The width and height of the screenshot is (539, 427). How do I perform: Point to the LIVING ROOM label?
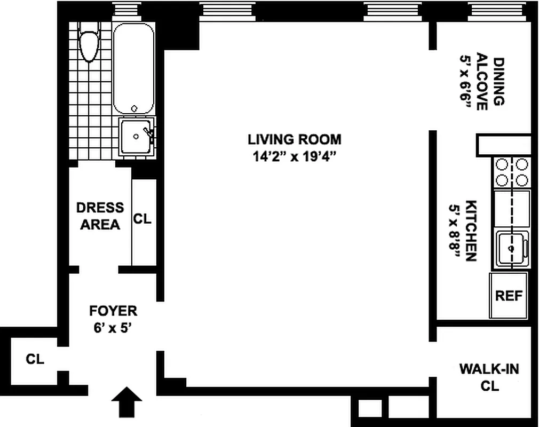tap(294, 140)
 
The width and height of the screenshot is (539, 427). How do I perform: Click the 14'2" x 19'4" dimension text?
tap(294, 156)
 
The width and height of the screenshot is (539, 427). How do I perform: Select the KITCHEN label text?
tap(471, 231)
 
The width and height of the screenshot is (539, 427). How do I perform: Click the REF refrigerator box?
tap(509, 295)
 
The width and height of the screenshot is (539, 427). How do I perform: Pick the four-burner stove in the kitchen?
tap(512, 172)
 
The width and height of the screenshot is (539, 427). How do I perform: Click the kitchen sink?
tap(511, 248)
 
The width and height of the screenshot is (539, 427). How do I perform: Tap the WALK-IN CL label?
tap(489, 377)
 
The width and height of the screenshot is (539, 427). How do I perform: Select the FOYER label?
tap(113, 311)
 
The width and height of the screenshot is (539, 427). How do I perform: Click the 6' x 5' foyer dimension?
tap(113, 327)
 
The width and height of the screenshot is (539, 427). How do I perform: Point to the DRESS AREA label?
tap(100, 216)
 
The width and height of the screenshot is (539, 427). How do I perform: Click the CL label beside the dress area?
tap(142, 219)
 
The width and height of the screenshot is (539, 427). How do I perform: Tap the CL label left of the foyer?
tap(35, 359)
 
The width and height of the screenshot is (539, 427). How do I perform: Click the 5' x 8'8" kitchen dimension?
tap(454, 231)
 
